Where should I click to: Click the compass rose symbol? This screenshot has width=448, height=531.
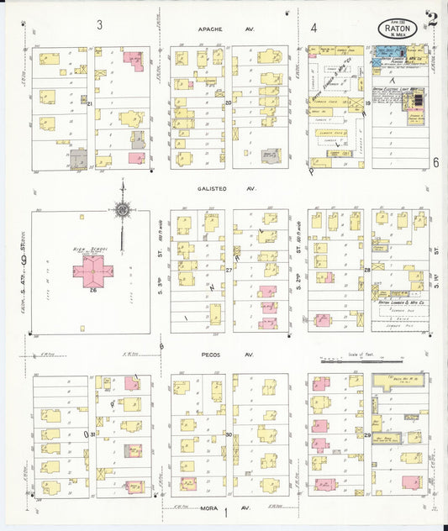pyautogui.click(x=123, y=208)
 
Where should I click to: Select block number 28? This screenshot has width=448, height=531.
pyautogui.click(x=367, y=271)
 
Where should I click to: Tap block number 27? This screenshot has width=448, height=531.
pyautogui.click(x=228, y=270)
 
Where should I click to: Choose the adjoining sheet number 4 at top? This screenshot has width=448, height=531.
pyautogui.click(x=313, y=28)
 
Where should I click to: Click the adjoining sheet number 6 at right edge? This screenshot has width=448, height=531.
pyautogui.click(x=436, y=162)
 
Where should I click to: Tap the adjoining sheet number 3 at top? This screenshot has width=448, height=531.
pyautogui.click(x=99, y=25)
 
